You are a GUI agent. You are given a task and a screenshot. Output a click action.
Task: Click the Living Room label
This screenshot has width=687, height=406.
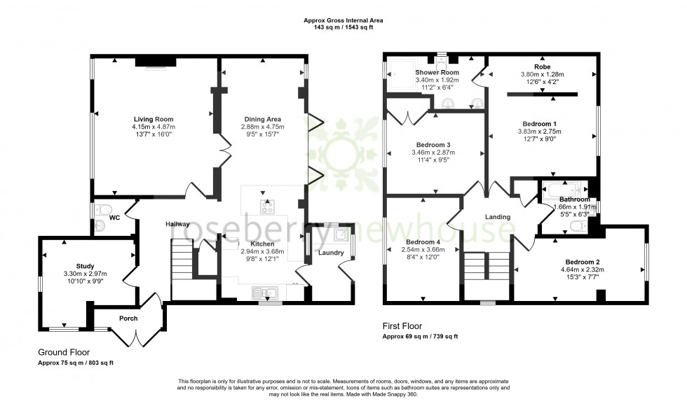[154, 119]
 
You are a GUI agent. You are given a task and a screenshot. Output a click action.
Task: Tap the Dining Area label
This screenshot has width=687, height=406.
[263, 119]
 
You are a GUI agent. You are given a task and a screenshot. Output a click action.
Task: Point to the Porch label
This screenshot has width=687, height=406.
[128, 318]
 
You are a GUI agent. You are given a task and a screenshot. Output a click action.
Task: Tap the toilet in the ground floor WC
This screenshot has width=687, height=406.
[104, 209]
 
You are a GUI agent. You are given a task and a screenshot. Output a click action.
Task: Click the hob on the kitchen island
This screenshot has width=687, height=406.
[267, 206]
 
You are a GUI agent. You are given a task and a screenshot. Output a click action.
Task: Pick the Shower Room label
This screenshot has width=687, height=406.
[437, 73]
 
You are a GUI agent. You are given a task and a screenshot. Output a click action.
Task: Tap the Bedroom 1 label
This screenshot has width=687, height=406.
[540, 122]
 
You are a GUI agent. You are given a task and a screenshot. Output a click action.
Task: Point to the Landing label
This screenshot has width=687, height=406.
[497, 217]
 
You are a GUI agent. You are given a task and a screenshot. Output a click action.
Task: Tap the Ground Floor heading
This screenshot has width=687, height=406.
[64, 352]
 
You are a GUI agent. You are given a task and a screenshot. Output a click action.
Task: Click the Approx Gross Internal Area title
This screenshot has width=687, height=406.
[343, 20]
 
